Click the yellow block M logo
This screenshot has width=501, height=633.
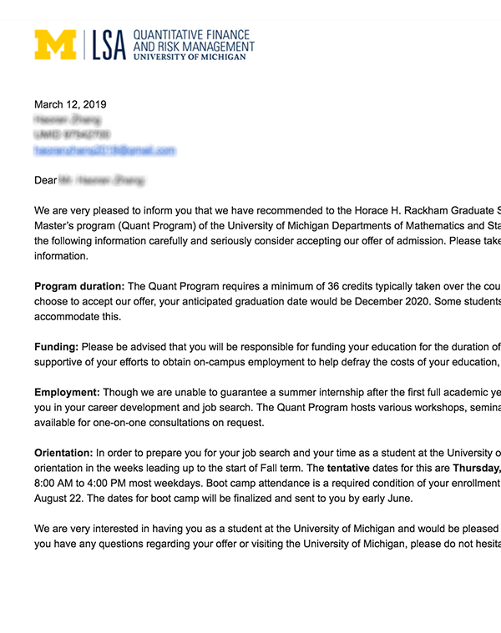55,45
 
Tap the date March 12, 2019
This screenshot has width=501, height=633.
70,105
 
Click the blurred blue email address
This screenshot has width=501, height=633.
104,151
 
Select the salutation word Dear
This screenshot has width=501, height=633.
46,180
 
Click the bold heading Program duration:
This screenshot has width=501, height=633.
79,287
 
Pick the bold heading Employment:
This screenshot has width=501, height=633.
67,392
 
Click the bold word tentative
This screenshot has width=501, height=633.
347,468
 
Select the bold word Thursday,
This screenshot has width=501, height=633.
476,468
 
